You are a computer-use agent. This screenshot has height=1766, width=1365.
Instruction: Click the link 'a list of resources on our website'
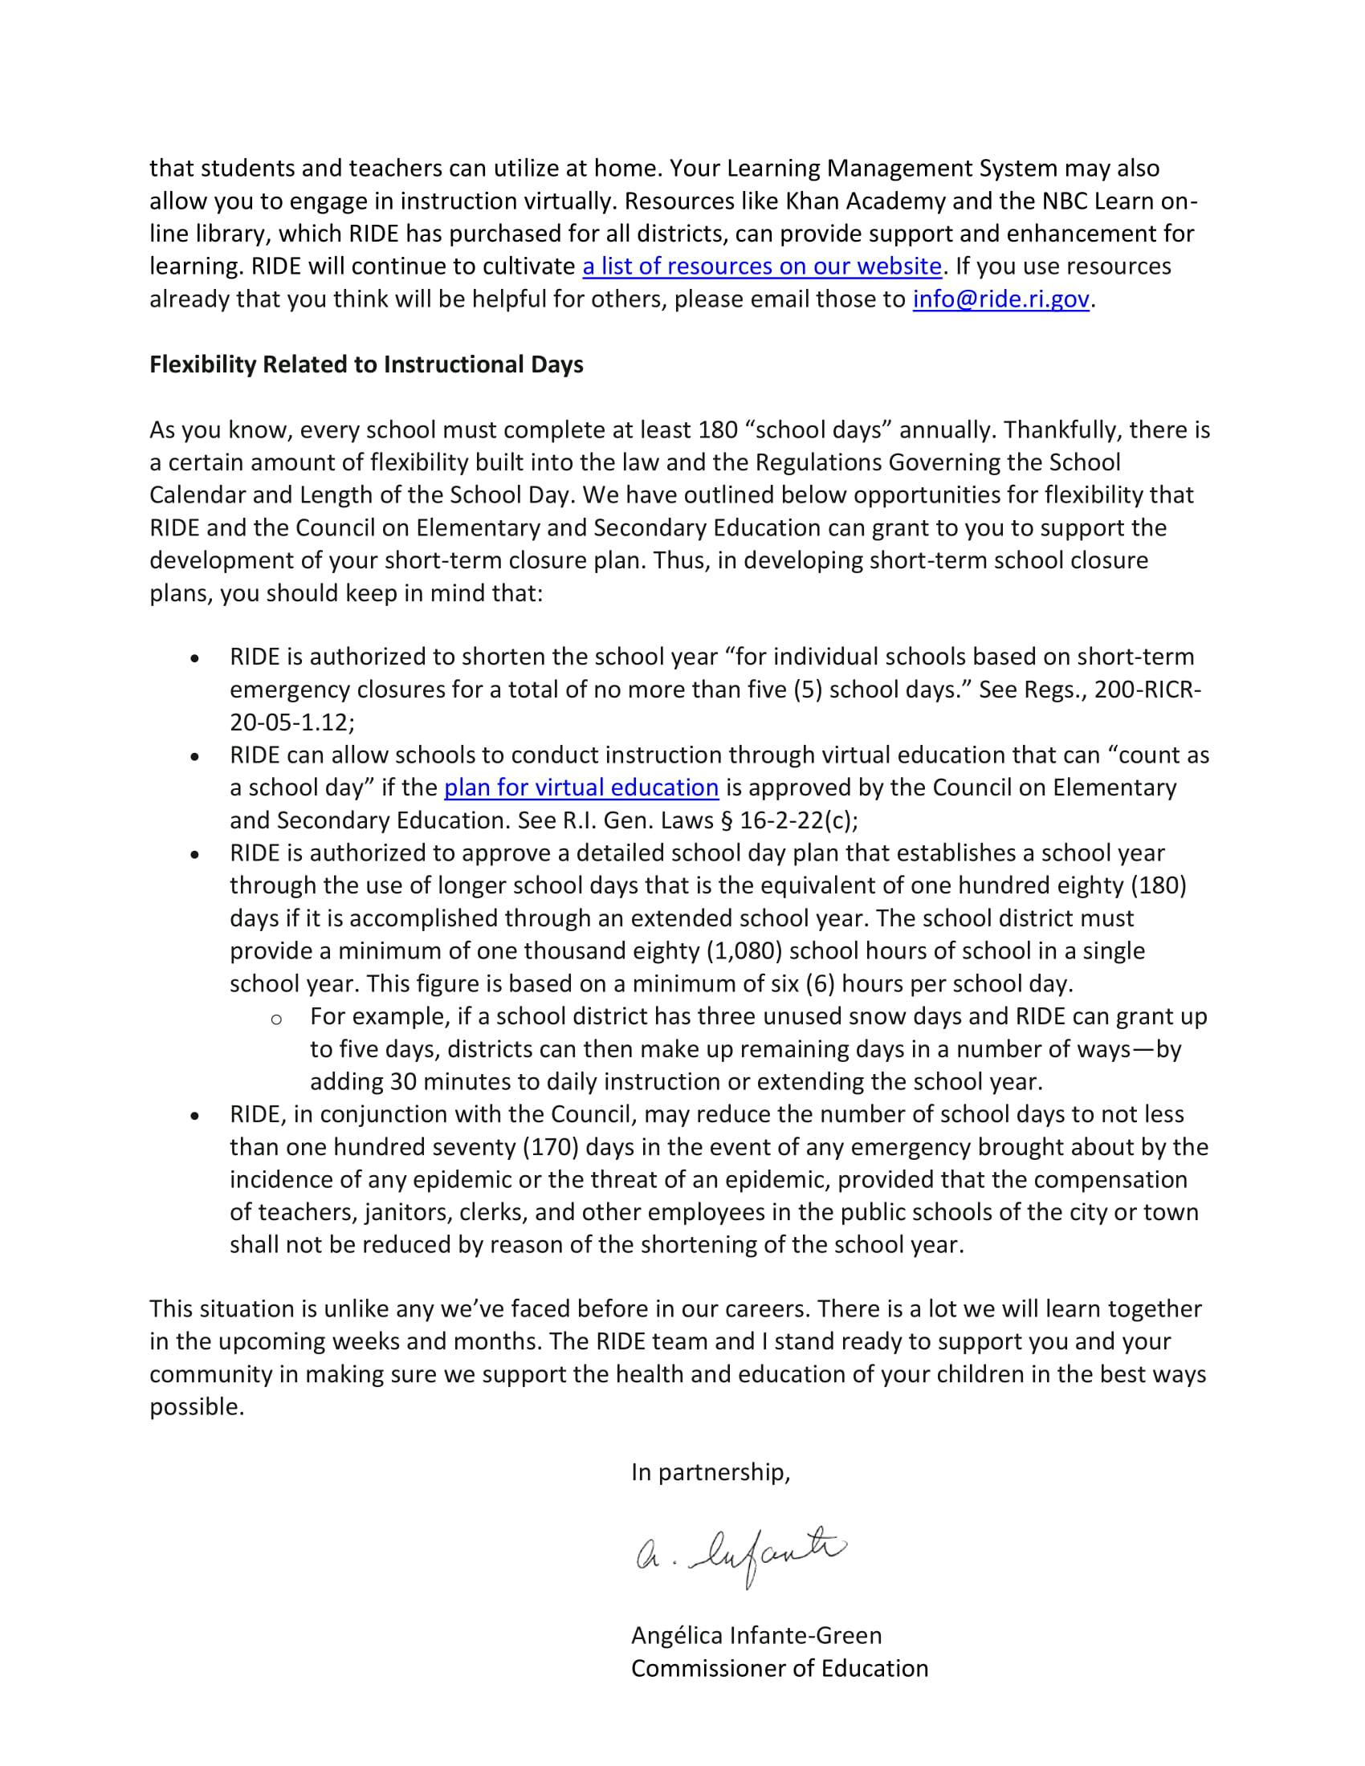tap(761, 266)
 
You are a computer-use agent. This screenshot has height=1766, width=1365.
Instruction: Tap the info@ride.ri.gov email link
tap(1001, 299)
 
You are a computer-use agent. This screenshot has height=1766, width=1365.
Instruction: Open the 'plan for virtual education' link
tap(581, 787)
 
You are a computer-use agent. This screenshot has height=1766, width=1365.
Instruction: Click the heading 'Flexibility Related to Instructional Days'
tap(366, 364)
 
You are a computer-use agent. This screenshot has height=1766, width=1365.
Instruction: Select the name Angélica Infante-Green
tap(756, 1636)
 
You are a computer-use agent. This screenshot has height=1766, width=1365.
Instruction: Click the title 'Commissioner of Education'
tap(780, 1668)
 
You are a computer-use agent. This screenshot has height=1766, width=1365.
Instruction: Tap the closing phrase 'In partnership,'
tap(710, 1472)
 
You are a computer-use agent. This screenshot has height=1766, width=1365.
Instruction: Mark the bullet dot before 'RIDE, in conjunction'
tap(194, 1116)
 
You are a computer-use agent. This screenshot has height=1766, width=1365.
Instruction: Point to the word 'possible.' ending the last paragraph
tap(197, 1407)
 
